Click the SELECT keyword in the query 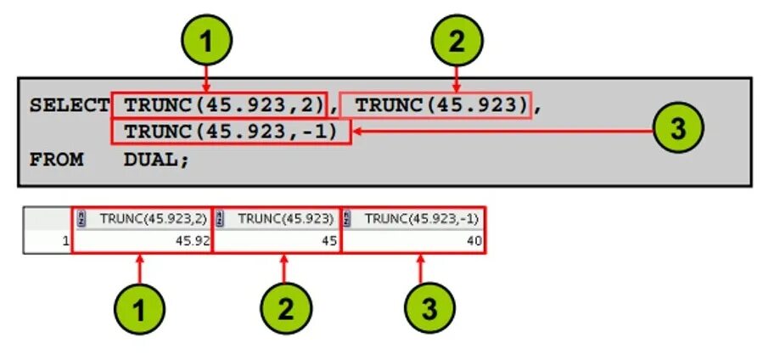coord(69,106)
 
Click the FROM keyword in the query coord(57,159)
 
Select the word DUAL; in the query coord(157,159)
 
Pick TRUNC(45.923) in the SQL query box coord(437,106)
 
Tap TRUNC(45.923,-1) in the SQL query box coord(230,132)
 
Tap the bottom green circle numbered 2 coord(284,308)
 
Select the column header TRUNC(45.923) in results coord(283,218)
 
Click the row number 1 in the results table coord(66,241)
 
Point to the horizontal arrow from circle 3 coord(501,131)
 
